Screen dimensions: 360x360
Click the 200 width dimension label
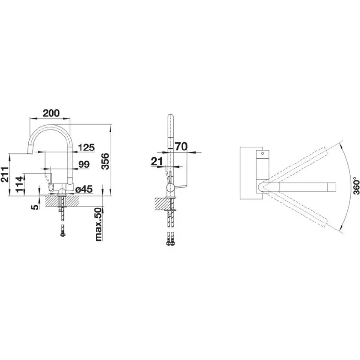tap(51, 113)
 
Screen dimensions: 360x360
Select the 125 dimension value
tap(86, 148)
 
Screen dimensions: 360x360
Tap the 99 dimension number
tap(84, 164)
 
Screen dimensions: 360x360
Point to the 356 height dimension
tap(105, 162)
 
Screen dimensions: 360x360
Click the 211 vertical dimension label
tap(5, 175)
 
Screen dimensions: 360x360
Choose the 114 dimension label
tap(20, 184)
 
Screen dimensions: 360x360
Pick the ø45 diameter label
tap(84, 189)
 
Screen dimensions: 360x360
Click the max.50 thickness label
tap(98, 224)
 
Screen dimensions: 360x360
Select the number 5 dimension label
tap(35, 207)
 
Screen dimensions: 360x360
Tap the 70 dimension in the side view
tap(181, 146)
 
